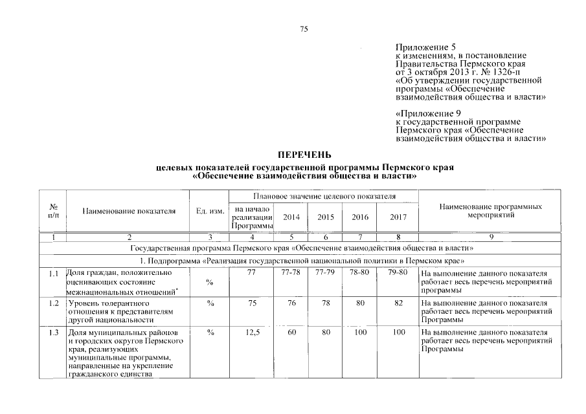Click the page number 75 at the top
tap(304, 28)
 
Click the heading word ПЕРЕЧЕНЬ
tap(304, 155)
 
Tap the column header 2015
tap(326, 217)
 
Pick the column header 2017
tap(398, 217)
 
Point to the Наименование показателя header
tap(129, 211)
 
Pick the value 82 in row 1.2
tap(398, 303)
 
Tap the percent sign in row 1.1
tap(209, 282)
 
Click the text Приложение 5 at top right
tap(425, 47)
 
